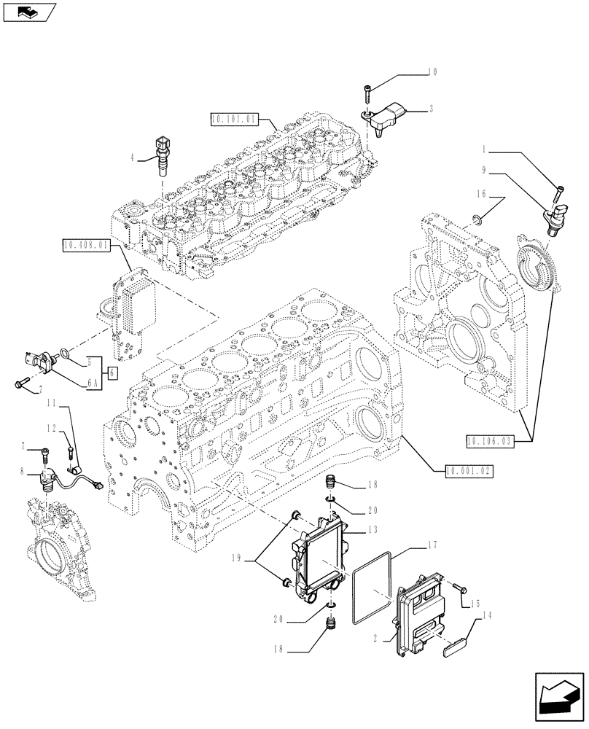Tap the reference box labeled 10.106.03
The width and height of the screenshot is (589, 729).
[x=488, y=440]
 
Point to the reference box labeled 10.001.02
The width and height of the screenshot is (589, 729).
[x=467, y=471]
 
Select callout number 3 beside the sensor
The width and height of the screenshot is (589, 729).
[x=432, y=109]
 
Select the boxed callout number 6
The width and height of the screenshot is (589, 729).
[x=112, y=373]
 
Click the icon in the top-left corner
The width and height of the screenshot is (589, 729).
[x=28, y=11]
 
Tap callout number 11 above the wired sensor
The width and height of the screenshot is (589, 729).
[x=52, y=402]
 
